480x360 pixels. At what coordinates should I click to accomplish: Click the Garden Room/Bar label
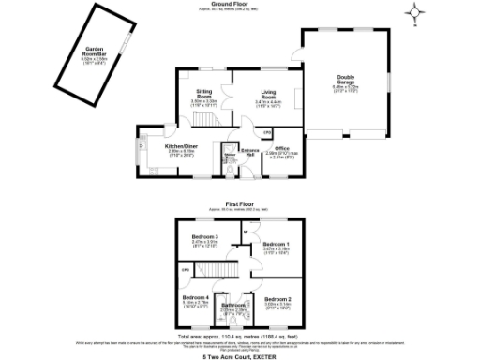pyautogui.click(x=93, y=53)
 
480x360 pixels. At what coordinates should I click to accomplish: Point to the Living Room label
pyautogui.click(x=269, y=94)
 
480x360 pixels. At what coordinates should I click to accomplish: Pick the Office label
pyautogui.click(x=281, y=147)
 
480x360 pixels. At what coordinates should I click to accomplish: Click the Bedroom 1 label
pyautogui.click(x=277, y=244)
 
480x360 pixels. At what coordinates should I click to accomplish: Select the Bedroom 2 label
pyautogui.click(x=277, y=299)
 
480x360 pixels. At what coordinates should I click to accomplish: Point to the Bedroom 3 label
pyautogui.click(x=204, y=236)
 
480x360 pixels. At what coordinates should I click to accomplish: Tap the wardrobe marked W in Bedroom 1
pyautogui.click(x=245, y=232)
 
